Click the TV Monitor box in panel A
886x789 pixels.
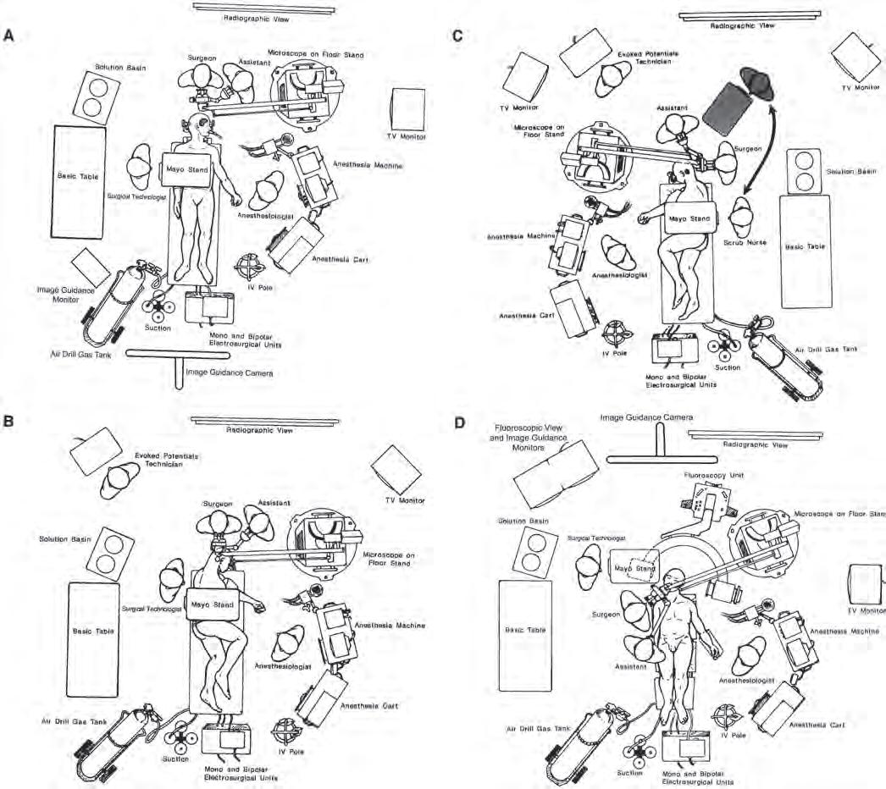click(409, 109)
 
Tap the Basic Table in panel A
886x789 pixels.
click(80, 180)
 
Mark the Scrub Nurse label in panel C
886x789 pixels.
click(746, 242)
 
